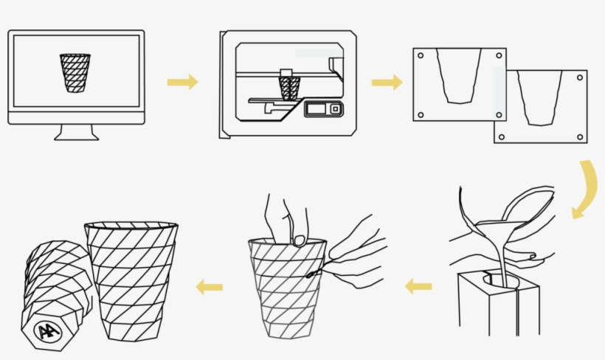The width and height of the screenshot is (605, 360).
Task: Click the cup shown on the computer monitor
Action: coord(75,72)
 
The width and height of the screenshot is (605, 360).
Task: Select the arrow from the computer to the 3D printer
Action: coord(182,82)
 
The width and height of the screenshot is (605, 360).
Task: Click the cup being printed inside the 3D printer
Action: coord(288,86)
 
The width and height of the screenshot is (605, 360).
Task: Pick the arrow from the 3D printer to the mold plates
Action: coord(387,82)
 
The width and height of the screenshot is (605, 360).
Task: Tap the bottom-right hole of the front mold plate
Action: coord(580,136)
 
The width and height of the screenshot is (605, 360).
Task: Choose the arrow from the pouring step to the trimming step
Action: coord(418,285)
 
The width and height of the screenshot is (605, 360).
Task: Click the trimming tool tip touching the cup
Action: coord(311,275)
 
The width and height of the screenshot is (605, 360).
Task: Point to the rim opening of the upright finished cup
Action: coord(131,225)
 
